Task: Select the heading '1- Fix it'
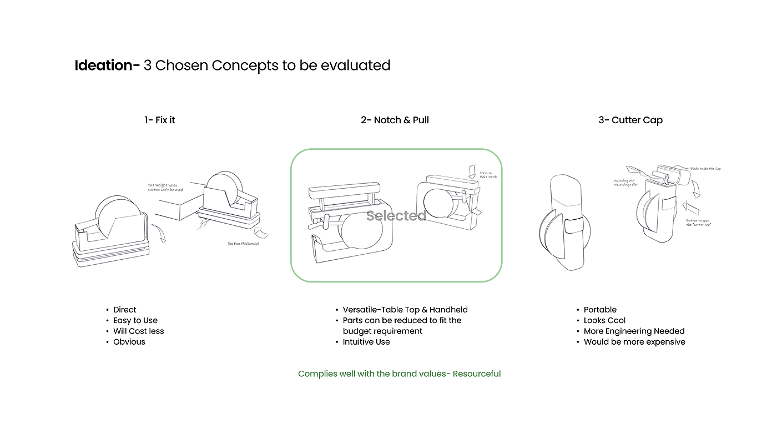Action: pos(160,120)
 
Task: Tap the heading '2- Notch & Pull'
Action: pos(395,120)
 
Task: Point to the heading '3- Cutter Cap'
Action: pos(630,120)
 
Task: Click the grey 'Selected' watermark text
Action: pos(396,216)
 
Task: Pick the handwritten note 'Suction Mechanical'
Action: pos(243,244)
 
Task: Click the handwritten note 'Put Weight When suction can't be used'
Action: pos(165,188)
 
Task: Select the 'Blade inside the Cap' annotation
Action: pos(705,168)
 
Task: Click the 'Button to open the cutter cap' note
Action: pos(699,222)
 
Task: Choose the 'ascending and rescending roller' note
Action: pos(625,183)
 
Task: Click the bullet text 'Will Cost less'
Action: pos(139,331)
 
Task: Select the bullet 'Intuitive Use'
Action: pos(366,342)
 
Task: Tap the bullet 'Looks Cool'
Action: pos(604,320)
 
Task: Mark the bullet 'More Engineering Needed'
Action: pos(634,331)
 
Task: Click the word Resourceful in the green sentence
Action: pos(477,374)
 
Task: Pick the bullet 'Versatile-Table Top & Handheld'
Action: pos(405,310)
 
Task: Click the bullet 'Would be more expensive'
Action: pos(634,342)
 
